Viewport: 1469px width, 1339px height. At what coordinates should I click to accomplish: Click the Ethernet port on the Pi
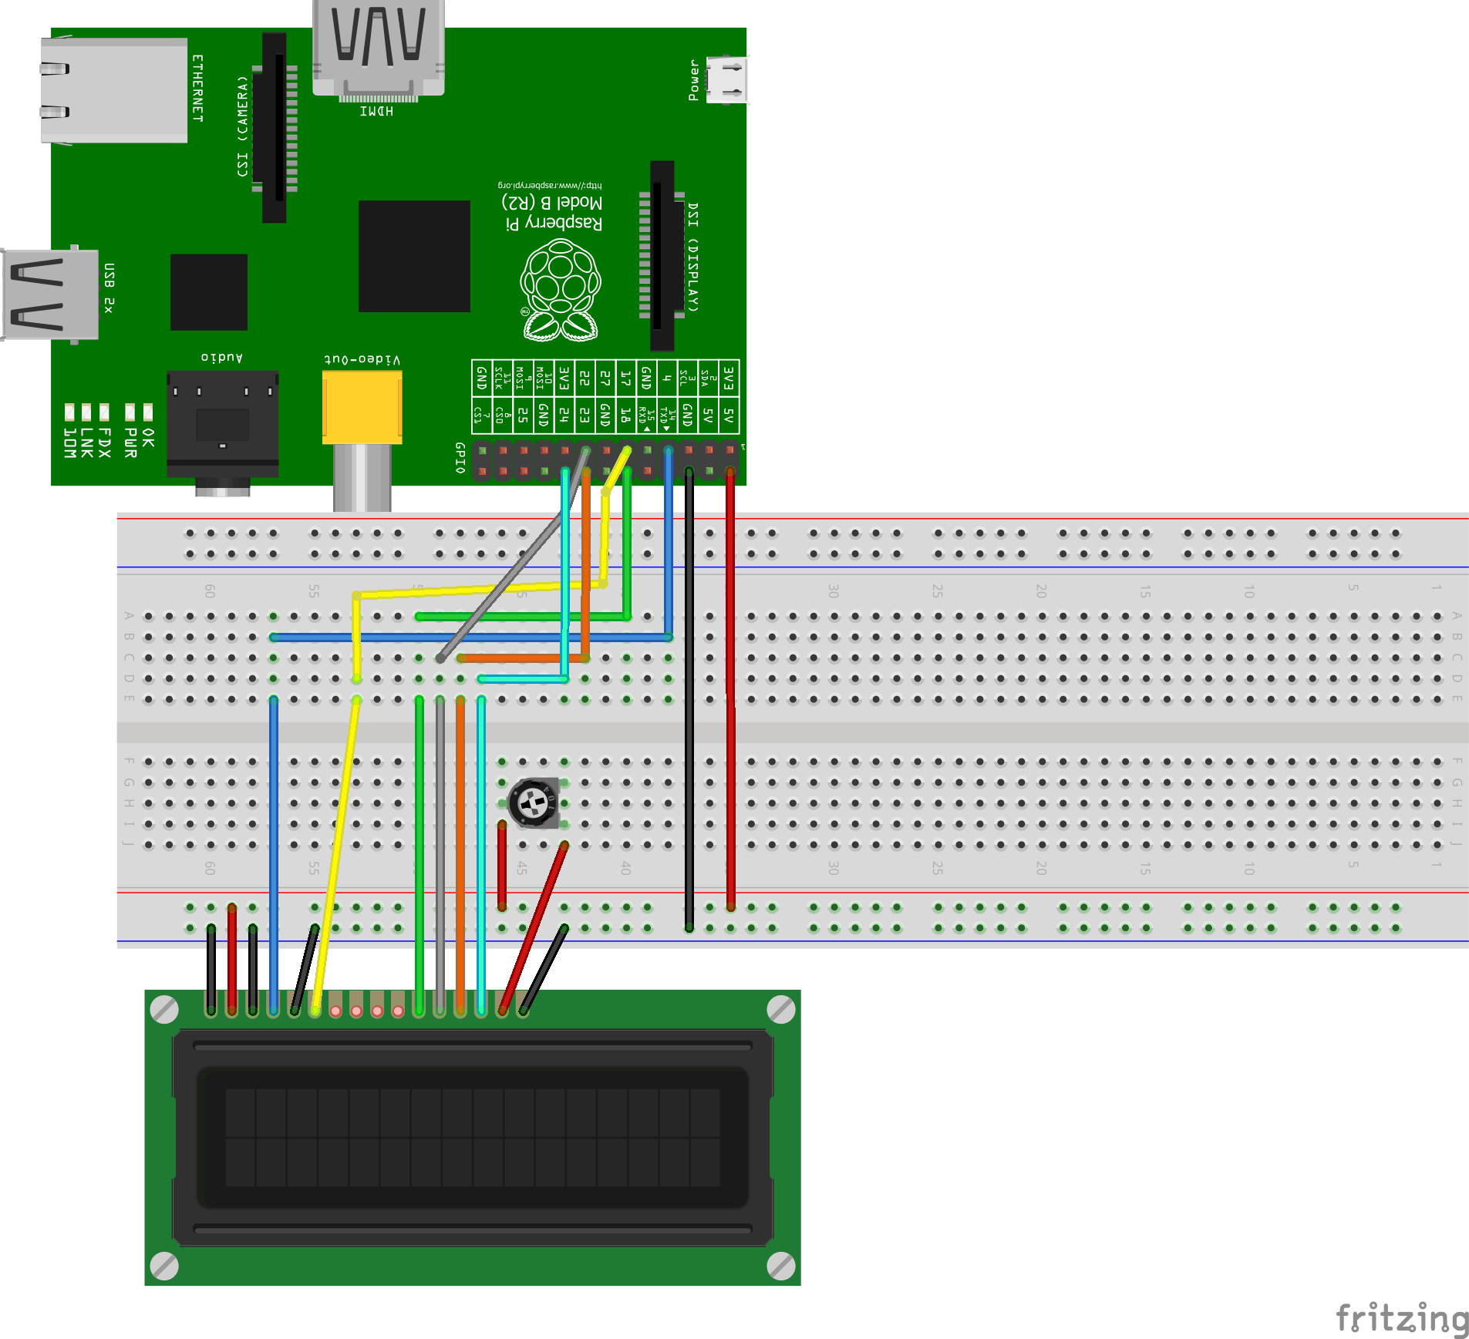pos(114,90)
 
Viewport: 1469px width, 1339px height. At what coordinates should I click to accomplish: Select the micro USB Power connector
pos(726,79)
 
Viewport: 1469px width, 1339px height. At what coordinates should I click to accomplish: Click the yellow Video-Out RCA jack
pos(362,407)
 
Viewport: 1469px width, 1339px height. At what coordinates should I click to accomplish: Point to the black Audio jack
pos(222,424)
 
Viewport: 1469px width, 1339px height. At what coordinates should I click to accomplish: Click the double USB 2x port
pos(50,294)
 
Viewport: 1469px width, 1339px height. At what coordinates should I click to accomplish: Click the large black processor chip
pos(414,256)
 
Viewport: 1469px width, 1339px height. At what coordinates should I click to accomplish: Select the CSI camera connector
pos(275,127)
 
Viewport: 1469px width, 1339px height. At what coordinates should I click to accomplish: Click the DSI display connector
pos(662,255)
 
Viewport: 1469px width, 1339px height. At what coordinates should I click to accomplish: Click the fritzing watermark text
pos(1401,1317)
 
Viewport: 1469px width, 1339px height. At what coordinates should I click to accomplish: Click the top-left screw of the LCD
pos(164,1009)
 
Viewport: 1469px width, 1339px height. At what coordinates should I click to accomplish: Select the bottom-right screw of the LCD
pos(780,1265)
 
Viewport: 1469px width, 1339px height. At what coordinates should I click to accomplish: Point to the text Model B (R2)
pos(552,203)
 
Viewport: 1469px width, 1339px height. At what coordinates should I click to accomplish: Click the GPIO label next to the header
pos(460,457)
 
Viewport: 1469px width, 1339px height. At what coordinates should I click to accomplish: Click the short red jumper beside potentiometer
pos(502,865)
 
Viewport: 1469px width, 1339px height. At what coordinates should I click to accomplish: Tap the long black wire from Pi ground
pos(689,694)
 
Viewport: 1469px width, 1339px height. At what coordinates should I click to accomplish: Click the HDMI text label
pos(376,112)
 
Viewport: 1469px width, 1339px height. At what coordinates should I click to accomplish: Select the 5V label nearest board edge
pos(729,416)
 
